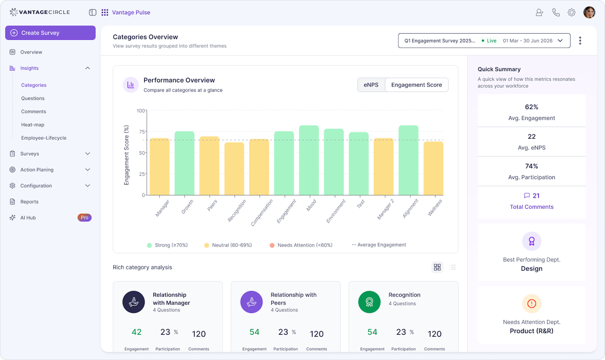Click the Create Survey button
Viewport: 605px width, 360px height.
(x=50, y=33)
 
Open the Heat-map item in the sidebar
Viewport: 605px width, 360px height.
(x=33, y=125)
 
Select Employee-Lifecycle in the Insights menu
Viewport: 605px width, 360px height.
(x=44, y=138)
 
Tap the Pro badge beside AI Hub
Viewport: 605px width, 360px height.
(x=84, y=218)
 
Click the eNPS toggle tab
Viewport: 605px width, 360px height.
(x=371, y=85)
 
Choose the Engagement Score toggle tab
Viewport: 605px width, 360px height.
(x=416, y=85)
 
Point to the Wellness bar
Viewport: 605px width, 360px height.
(x=433, y=168)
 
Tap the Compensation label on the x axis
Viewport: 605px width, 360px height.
(x=262, y=213)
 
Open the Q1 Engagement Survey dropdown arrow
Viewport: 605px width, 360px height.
(x=560, y=41)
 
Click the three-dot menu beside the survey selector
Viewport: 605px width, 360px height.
(x=580, y=41)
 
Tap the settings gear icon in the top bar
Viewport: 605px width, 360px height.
(x=571, y=13)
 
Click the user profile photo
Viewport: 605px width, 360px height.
(x=589, y=13)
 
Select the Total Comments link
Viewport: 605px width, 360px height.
(x=531, y=207)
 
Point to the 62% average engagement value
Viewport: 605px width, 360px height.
(x=531, y=107)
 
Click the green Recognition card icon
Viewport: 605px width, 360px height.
(x=369, y=302)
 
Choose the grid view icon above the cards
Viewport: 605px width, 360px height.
(x=437, y=267)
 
